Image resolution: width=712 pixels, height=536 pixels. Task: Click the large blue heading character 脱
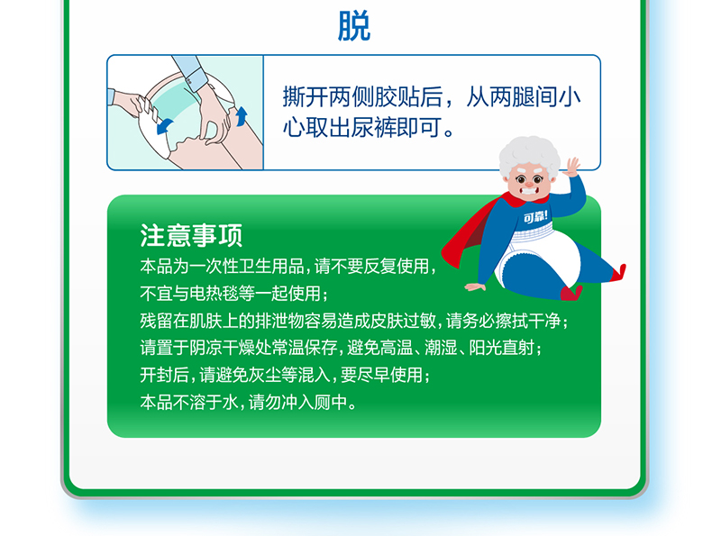(354, 26)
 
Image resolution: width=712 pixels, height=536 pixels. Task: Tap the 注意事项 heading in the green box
(191, 235)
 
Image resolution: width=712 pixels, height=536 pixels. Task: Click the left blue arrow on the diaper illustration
(164, 126)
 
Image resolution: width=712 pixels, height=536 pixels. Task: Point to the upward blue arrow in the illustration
(242, 116)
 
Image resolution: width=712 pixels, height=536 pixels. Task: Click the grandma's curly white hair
(529, 154)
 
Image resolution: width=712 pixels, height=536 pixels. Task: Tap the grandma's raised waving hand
(571, 167)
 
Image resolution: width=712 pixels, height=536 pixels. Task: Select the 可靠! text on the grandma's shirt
(536, 216)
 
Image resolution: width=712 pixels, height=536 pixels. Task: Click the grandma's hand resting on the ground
(475, 286)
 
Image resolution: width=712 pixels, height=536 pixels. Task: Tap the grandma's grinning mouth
(529, 191)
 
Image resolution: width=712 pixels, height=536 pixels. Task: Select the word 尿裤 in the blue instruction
(373, 128)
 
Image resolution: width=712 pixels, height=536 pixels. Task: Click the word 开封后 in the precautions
(164, 376)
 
